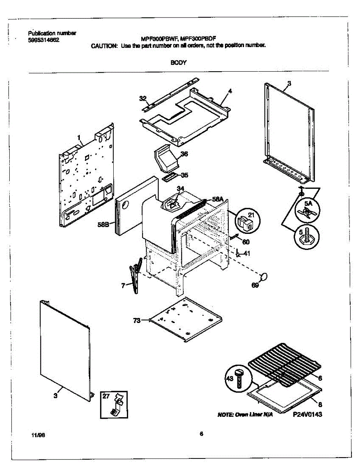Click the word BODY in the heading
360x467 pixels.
click(179, 62)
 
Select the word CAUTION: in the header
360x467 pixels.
click(104, 46)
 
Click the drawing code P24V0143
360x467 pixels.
click(307, 415)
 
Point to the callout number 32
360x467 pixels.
click(143, 98)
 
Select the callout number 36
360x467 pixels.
click(184, 154)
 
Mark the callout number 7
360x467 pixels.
click(123, 286)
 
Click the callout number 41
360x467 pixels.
click(247, 254)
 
